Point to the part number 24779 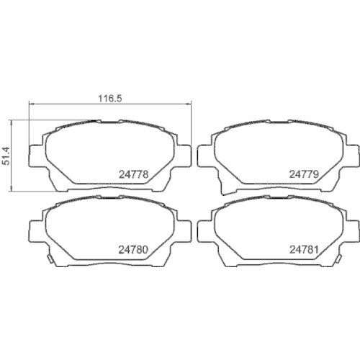303,174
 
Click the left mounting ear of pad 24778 35,156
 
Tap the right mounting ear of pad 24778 184,156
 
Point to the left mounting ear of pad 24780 35,232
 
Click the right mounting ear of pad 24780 184,232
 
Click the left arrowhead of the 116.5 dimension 31,104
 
